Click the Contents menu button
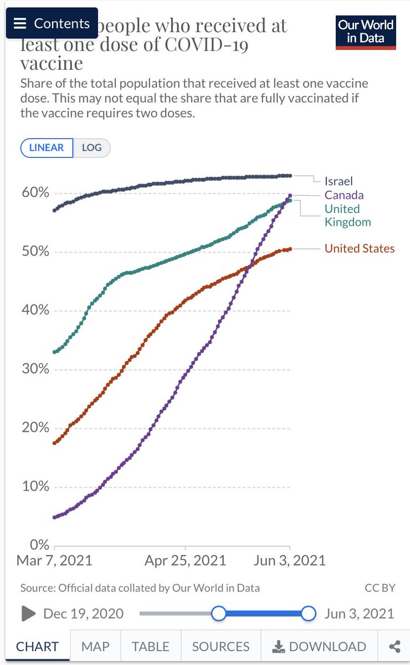52,23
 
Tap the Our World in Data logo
366,32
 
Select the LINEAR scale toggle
47,148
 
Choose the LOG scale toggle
92,148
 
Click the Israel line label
339,181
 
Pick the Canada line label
344,195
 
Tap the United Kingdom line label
347,216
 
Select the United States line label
360,248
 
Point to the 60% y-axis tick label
35,193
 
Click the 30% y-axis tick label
35,369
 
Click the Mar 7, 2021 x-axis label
54,560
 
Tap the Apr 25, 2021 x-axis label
186,560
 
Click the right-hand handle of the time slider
308,613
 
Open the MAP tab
95,647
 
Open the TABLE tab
150,647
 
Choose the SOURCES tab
221,647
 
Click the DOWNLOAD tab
320,647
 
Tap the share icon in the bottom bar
394,647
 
